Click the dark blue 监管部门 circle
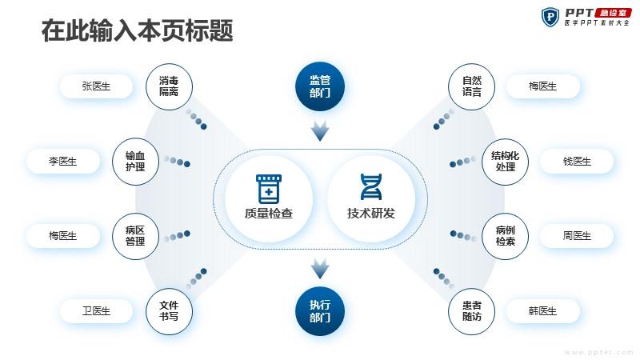click(x=320, y=86)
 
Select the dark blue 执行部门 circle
click(x=320, y=311)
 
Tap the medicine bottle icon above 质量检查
click(x=269, y=189)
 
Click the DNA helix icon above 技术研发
click(x=371, y=187)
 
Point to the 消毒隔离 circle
click(x=169, y=86)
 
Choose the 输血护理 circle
click(x=135, y=162)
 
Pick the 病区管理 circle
click(x=135, y=236)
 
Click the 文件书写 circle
click(x=169, y=311)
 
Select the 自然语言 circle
click(x=471, y=86)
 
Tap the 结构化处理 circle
click(x=505, y=162)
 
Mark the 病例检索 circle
click(x=505, y=236)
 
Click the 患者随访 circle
click(x=471, y=311)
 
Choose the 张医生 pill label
click(x=96, y=86)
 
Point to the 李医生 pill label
click(x=63, y=162)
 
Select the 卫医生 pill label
click(x=96, y=311)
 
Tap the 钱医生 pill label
click(x=577, y=162)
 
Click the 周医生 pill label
click(x=577, y=236)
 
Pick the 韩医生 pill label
click(x=543, y=311)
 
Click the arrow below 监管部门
click(x=320, y=131)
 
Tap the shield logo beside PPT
click(x=550, y=17)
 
